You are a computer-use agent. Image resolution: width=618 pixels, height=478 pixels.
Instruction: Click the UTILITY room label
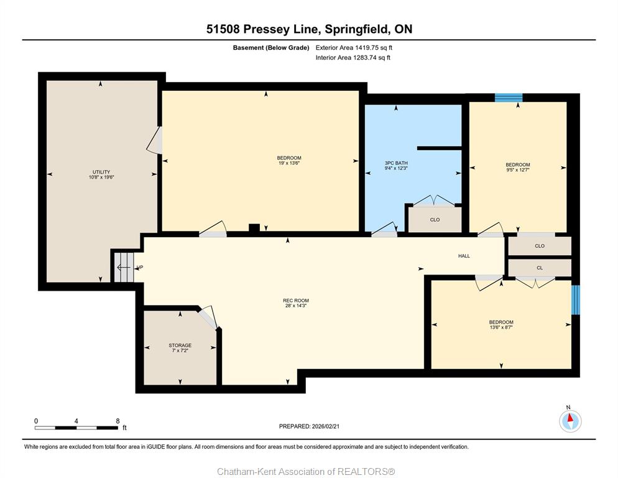101,172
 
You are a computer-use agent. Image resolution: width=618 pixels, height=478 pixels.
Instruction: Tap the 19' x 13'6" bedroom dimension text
289,163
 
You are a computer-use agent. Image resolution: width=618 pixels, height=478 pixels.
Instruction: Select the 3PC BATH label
396,163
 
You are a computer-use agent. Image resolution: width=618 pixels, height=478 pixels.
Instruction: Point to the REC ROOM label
295,301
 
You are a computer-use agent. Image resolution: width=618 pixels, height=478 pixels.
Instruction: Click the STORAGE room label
180,345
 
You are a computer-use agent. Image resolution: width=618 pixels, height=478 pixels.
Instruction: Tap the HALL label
464,256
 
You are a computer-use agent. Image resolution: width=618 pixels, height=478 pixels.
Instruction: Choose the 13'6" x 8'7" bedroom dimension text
501,327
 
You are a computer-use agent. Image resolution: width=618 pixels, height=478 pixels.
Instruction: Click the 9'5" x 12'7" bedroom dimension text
518,170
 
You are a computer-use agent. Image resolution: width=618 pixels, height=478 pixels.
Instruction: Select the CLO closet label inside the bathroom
435,220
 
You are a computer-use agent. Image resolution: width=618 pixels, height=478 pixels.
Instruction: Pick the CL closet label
540,268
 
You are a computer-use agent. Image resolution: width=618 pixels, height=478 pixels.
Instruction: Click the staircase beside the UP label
124,268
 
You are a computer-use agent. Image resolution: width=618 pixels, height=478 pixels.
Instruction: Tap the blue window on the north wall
509,98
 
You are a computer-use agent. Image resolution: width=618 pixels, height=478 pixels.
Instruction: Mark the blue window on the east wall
576,300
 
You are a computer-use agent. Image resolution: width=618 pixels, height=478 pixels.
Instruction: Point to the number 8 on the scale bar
118,421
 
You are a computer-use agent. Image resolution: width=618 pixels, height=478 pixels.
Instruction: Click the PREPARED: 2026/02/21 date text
309,426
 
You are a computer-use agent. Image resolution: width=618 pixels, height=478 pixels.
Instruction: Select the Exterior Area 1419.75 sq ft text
354,48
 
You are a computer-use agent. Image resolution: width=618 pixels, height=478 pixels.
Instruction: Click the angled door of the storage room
207,317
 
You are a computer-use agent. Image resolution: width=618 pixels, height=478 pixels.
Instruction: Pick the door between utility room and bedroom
154,140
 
